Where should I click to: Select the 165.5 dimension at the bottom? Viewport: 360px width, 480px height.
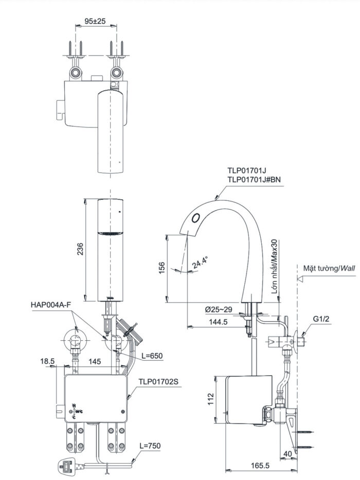(261, 466)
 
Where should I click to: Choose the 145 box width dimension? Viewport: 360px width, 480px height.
(94, 362)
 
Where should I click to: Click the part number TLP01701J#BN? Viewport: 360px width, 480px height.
(254, 179)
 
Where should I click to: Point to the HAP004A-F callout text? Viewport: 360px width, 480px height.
(51, 305)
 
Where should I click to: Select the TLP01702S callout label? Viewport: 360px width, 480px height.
(158, 382)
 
